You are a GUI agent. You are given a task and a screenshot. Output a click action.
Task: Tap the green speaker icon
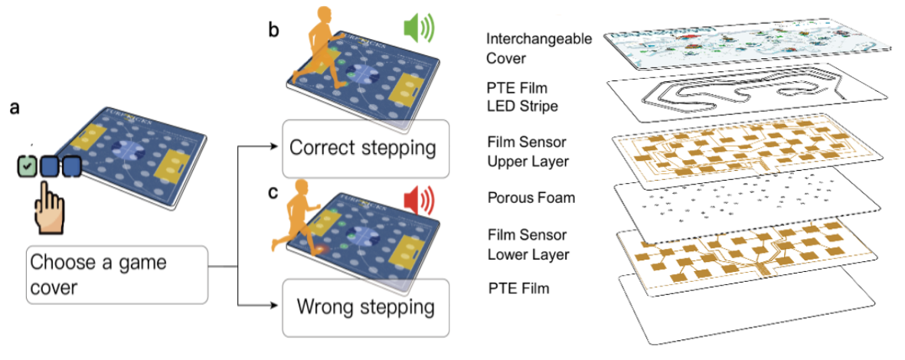click(x=417, y=30)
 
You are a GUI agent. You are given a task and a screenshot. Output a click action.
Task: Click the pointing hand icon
click(x=51, y=205)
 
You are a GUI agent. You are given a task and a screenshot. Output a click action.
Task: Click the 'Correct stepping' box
click(x=363, y=148)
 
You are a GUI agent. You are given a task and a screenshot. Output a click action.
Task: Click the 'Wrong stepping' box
click(x=363, y=308)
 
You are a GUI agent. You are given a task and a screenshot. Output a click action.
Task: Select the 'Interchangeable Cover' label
click(x=539, y=47)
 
